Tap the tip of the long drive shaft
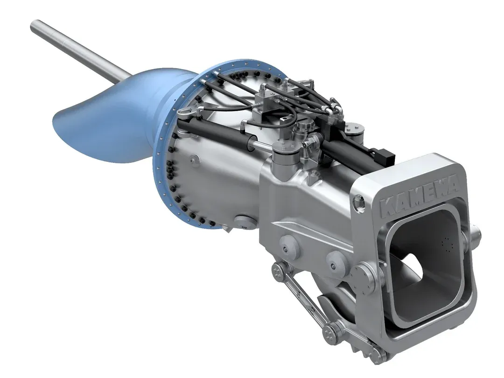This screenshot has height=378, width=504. click(x=34, y=23)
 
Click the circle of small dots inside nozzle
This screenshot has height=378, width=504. click(x=448, y=245)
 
